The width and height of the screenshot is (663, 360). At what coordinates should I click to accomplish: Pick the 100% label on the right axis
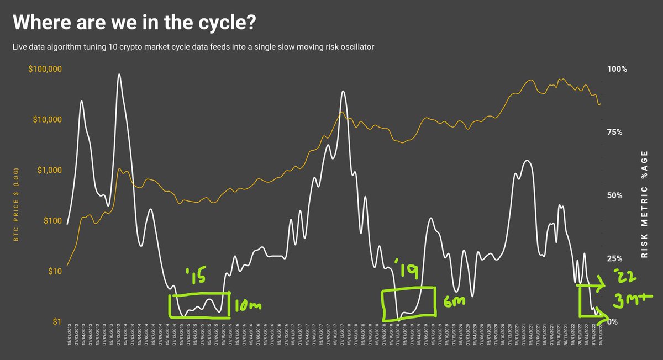617,70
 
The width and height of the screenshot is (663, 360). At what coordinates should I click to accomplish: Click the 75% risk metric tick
615,133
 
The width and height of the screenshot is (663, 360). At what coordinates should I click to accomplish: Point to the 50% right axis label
615,195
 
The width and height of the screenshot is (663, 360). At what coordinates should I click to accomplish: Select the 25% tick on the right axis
615,258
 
